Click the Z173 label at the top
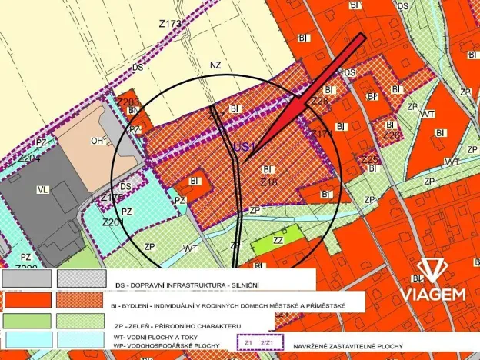170,25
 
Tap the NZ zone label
215,65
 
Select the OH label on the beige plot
97,141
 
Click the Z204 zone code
29,158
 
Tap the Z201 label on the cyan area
113,223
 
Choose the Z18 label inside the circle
268,182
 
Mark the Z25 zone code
370,160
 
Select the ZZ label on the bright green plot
278,240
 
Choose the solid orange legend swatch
27,299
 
